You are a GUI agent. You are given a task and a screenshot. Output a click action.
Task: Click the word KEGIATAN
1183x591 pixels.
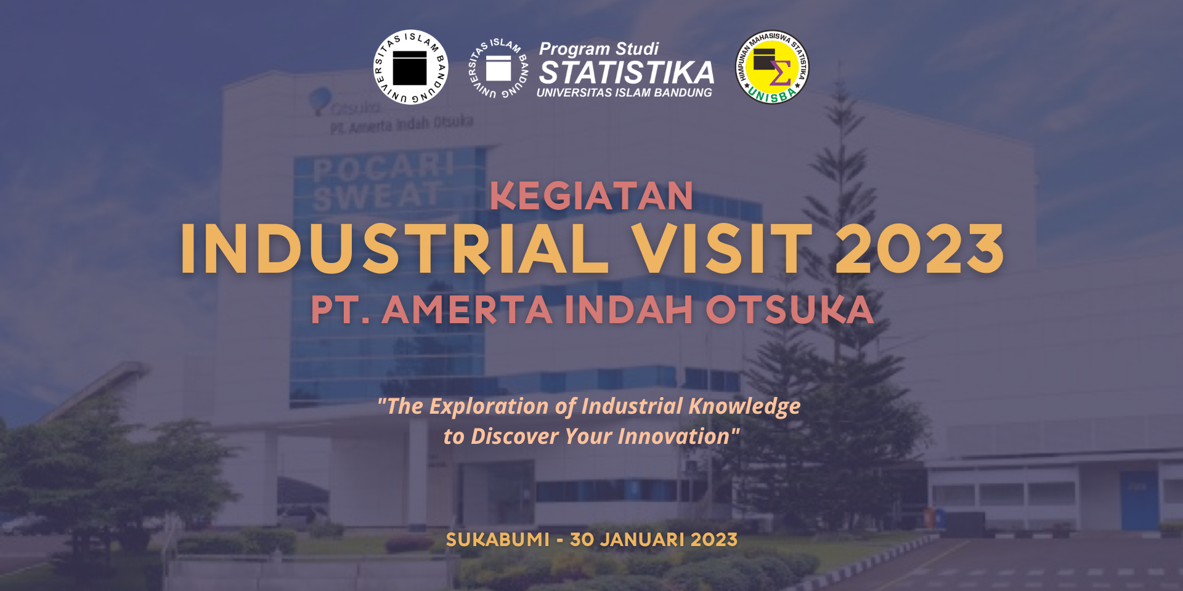click(591, 196)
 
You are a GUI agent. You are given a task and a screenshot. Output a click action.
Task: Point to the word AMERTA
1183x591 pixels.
click(467, 309)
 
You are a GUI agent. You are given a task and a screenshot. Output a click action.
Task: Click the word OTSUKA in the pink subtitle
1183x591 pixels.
click(790, 309)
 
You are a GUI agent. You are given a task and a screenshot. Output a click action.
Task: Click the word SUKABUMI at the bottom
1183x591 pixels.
click(497, 540)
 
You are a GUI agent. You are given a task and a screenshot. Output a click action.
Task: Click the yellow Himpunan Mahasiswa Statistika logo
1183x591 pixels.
click(771, 67)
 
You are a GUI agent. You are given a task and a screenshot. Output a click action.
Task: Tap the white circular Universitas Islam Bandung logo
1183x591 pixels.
click(410, 67)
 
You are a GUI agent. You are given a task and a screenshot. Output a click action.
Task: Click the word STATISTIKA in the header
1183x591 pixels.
click(627, 73)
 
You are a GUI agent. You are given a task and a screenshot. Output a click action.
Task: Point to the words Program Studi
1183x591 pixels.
click(598, 49)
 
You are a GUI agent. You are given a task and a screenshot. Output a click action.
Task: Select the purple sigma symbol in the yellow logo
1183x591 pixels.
click(781, 74)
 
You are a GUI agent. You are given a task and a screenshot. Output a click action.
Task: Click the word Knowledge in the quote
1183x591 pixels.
click(744, 406)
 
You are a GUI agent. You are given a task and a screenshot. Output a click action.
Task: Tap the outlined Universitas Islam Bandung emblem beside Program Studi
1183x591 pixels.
click(498, 68)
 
